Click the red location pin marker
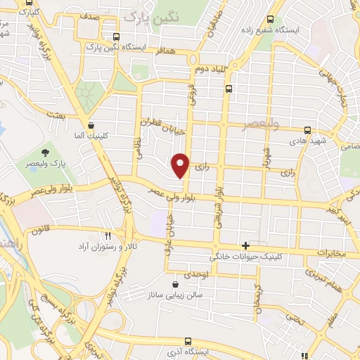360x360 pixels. pos(181,165)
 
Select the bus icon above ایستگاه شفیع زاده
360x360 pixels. pos(269,20)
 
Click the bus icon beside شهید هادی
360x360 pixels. pos(307,130)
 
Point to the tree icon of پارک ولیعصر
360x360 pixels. pos(46,153)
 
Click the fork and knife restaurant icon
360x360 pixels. pos(108,236)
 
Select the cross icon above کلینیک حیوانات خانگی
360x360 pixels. pos(245,245)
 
